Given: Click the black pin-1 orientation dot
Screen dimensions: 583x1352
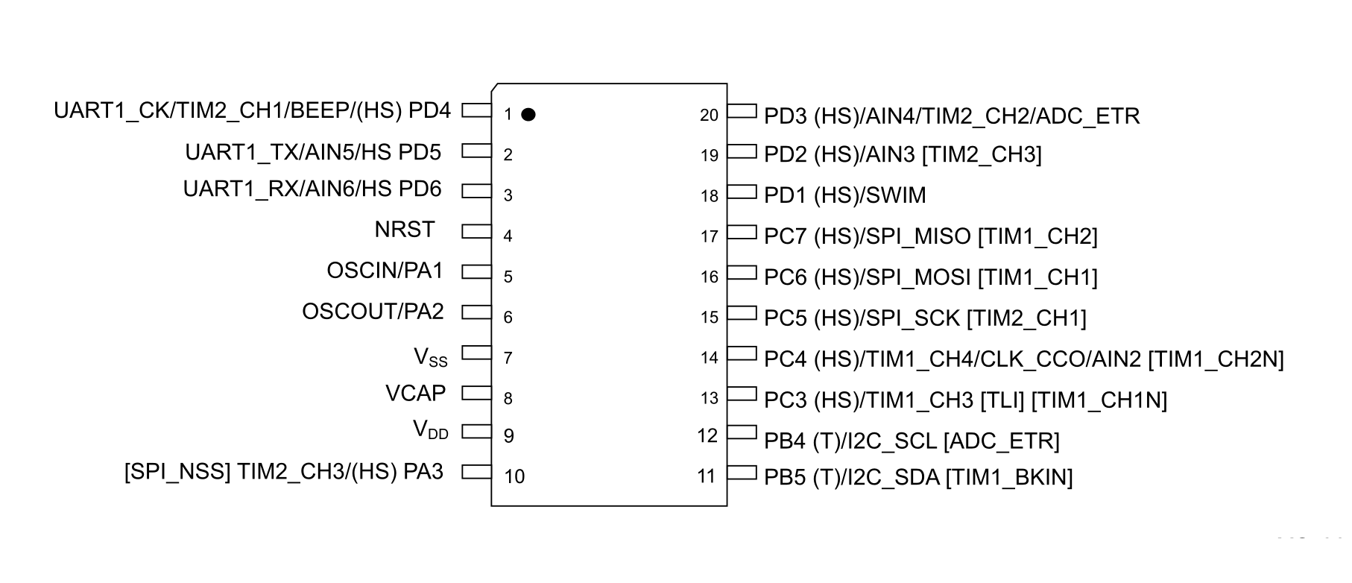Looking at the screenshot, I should pyautogui.click(x=528, y=114).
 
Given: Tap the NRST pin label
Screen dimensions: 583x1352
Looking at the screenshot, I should pyautogui.click(x=405, y=230).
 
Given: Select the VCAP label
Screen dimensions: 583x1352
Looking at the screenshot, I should pyautogui.click(x=415, y=393).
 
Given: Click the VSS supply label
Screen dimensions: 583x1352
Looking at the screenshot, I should pyautogui.click(x=431, y=357).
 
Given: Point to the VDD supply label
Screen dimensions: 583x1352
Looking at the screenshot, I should pyautogui.click(x=431, y=430).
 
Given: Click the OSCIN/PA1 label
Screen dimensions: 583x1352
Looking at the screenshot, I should pyautogui.click(x=385, y=271).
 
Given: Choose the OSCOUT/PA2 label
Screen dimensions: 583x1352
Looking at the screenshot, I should pyautogui.click(x=373, y=312).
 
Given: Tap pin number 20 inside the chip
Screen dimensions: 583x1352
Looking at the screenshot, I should pyautogui.click(x=709, y=116).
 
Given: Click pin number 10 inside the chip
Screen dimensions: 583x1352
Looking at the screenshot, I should pyautogui.click(x=514, y=476).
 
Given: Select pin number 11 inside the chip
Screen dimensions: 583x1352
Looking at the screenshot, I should pyautogui.click(x=707, y=476).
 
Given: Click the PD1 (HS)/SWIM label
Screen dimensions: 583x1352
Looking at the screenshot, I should pyautogui.click(x=844, y=195).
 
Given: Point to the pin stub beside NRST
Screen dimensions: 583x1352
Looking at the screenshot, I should pyautogui.click(x=476, y=232).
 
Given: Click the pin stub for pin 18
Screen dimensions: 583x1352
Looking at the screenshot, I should pyautogui.click(x=742, y=192).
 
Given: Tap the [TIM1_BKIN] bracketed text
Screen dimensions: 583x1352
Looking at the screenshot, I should pyautogui.click(x=1008, y=477).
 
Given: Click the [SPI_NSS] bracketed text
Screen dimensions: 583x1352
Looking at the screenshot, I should pyautogui.click(x=177, y=472).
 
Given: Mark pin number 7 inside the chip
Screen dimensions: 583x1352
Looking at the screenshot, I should pyautogui.click(x=508, y=359).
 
